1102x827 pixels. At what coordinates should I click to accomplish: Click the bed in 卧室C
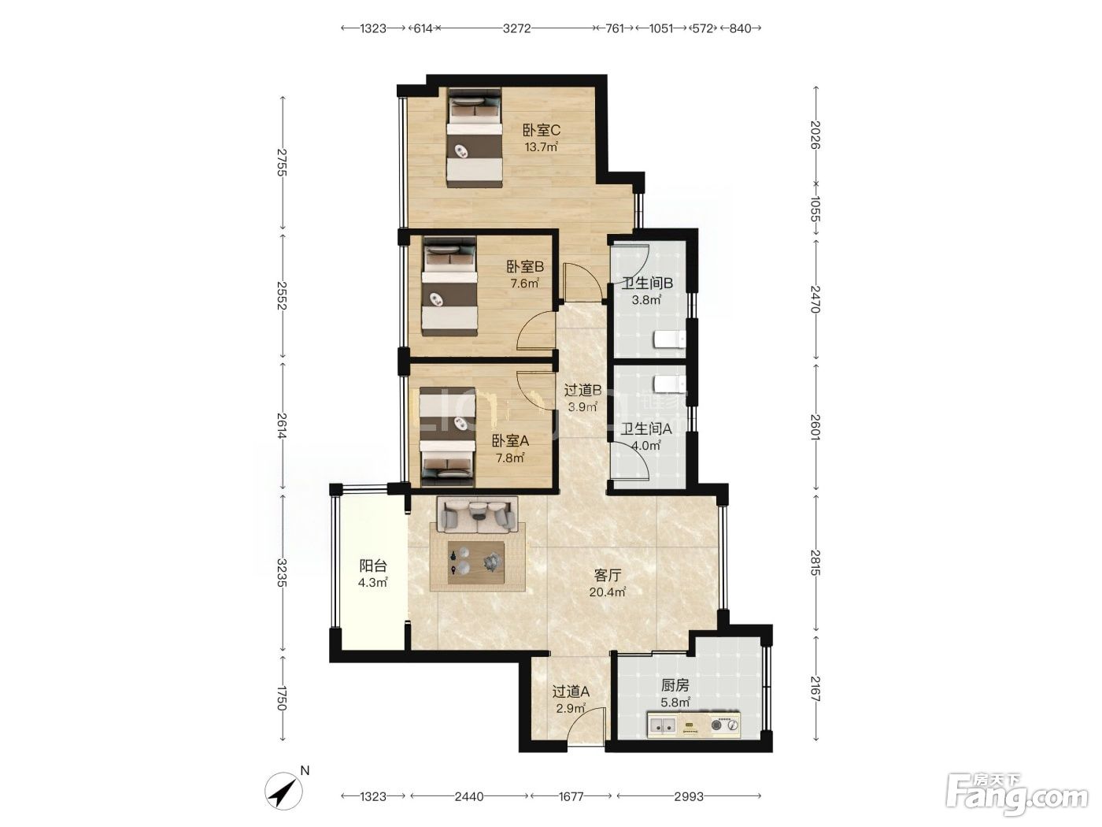click(x=475, y=138)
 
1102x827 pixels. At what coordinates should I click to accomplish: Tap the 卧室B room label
click(x=525, y=267)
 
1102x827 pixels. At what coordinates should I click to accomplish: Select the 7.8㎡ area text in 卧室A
click(x=509, y=458)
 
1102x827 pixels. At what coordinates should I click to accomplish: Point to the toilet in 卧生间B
click(x=669, y=339)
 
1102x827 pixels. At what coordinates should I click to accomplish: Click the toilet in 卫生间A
click(x=669, y=384)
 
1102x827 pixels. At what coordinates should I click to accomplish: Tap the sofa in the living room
click(x=477, y=515)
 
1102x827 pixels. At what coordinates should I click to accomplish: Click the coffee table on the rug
click(x=476, y=562)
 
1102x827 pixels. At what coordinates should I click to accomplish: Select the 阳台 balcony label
click(x=373, y=566)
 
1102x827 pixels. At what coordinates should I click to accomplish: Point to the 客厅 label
click(x=608, y=575)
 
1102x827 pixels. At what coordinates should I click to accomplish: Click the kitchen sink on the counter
click(x=662, y=725)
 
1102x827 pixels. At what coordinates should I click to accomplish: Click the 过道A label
click(x=571, y=692)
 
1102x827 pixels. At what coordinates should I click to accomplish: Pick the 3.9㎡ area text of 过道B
click(x=582, y=406)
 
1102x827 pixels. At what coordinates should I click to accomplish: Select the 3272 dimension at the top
click(x=516, y=28)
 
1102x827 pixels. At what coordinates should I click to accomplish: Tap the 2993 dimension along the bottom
click(x=688, y=796)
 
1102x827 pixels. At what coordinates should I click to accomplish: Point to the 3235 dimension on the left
click(x=282, y=573)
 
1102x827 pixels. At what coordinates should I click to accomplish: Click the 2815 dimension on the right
click(x=815, y=563)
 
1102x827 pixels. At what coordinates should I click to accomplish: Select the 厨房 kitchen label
click(x=675, y=685)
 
